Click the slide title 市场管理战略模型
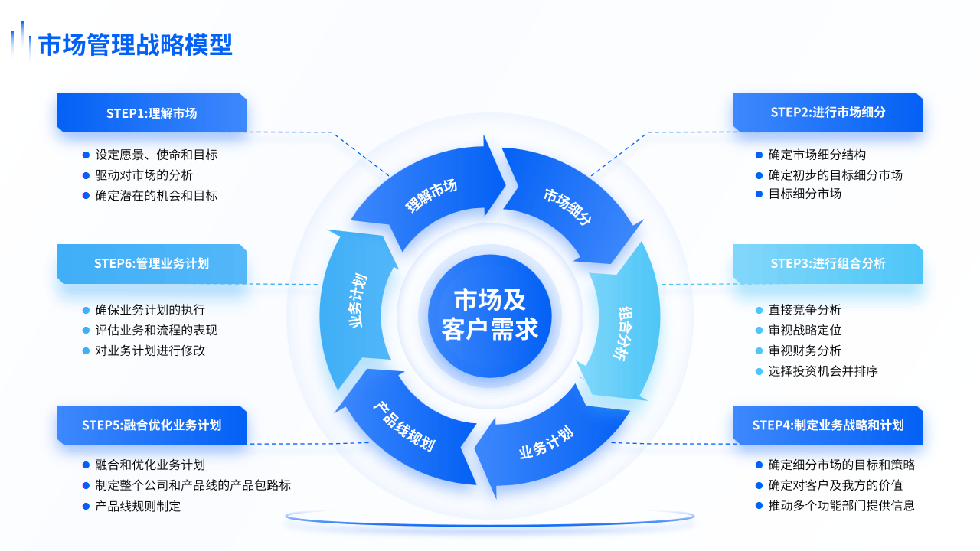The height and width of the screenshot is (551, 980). click(135, 44)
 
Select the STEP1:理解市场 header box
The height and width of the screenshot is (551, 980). click(151, 113)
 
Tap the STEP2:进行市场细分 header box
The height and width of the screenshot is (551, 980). click(828, 112)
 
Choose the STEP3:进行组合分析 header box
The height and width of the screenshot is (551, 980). click(828, 263)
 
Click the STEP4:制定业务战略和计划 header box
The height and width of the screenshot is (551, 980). click(828, 425)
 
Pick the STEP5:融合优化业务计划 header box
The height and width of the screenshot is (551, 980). click(151, 425)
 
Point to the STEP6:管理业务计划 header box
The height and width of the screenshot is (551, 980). click(151, 263)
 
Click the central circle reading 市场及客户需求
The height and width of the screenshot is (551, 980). click(490, 315)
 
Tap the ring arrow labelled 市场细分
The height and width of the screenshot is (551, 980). click(568, 205)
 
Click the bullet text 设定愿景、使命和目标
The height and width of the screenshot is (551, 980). click(156, 155)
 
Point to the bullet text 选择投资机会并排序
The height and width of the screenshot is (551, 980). click(823, 371)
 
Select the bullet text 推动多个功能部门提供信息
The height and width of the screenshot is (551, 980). click(841, 506)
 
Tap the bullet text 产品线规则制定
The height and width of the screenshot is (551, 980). click(138, 507)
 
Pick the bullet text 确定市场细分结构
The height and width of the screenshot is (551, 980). click(817, 155)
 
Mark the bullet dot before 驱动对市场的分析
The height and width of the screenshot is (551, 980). click(87, 175)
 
